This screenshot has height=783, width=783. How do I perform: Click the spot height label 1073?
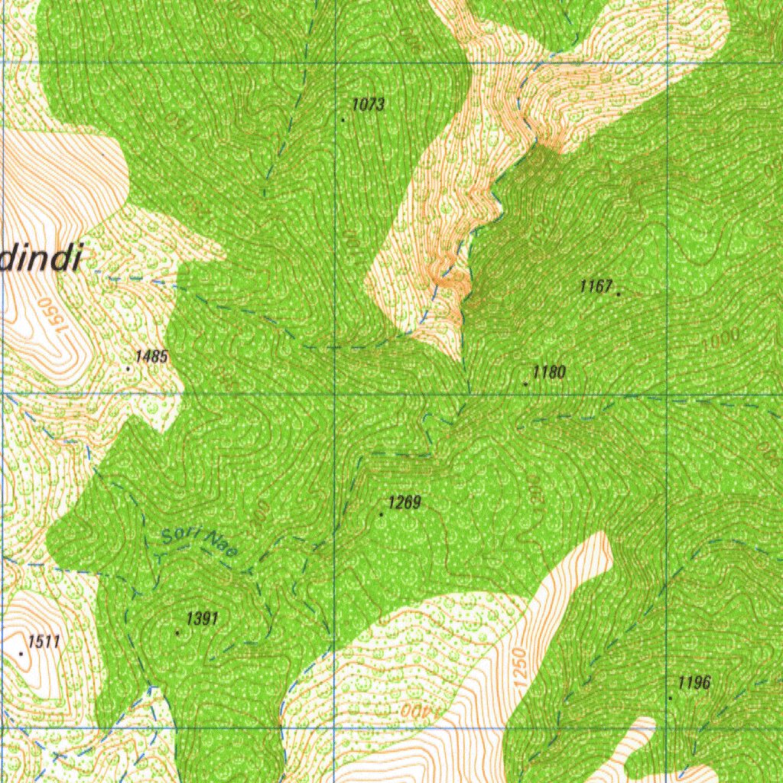click(x=369, y=105)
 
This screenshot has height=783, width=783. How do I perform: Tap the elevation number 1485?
click(x=151, y=356)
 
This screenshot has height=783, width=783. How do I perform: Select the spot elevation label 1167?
click(x=596, y=287)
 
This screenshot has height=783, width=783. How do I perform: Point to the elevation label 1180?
click(x=549, y=372)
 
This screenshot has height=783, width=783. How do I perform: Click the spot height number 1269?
click(x=404, y=503)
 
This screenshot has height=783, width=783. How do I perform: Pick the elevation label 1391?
click(x=203, y=619)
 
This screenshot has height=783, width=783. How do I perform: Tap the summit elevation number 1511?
click(x=44, y=642)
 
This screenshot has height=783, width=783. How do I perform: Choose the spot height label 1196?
click(x=694, y=683)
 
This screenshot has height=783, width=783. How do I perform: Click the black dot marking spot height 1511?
click(x=21, y=654)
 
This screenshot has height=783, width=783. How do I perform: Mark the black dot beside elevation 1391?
click(x=178, y=632)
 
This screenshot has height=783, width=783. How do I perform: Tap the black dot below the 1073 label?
click(x=343, y=119)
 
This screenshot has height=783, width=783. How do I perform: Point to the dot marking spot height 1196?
click(x=671, y=697)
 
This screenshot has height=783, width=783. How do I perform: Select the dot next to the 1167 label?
click(x=618, y=292)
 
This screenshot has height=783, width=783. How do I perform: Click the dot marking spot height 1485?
click(x=128, y=368)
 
